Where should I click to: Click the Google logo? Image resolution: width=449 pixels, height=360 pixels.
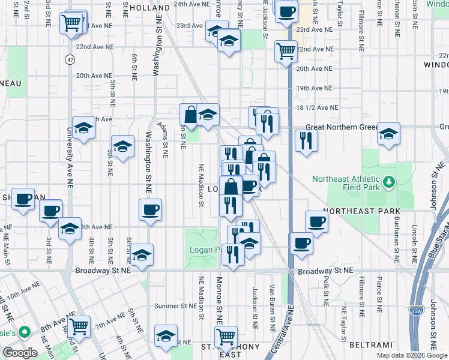tap(20, 353)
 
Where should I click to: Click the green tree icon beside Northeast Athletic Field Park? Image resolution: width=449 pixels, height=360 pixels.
tap(388, 180)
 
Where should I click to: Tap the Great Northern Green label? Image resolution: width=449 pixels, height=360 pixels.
tap(340, 127)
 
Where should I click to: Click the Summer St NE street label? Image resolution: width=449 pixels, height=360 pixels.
tap(176, 306)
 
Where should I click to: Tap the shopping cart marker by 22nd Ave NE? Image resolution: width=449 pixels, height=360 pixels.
tap(286, 50)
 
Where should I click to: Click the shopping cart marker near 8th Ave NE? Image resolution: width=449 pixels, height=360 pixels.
tap(79, 326)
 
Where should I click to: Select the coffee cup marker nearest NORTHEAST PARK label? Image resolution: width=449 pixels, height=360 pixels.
tap(316, 221)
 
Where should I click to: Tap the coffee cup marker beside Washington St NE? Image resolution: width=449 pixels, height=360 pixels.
tap(150, 210)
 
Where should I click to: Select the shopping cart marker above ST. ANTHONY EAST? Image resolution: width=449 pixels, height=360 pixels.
tap(226, 336)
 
